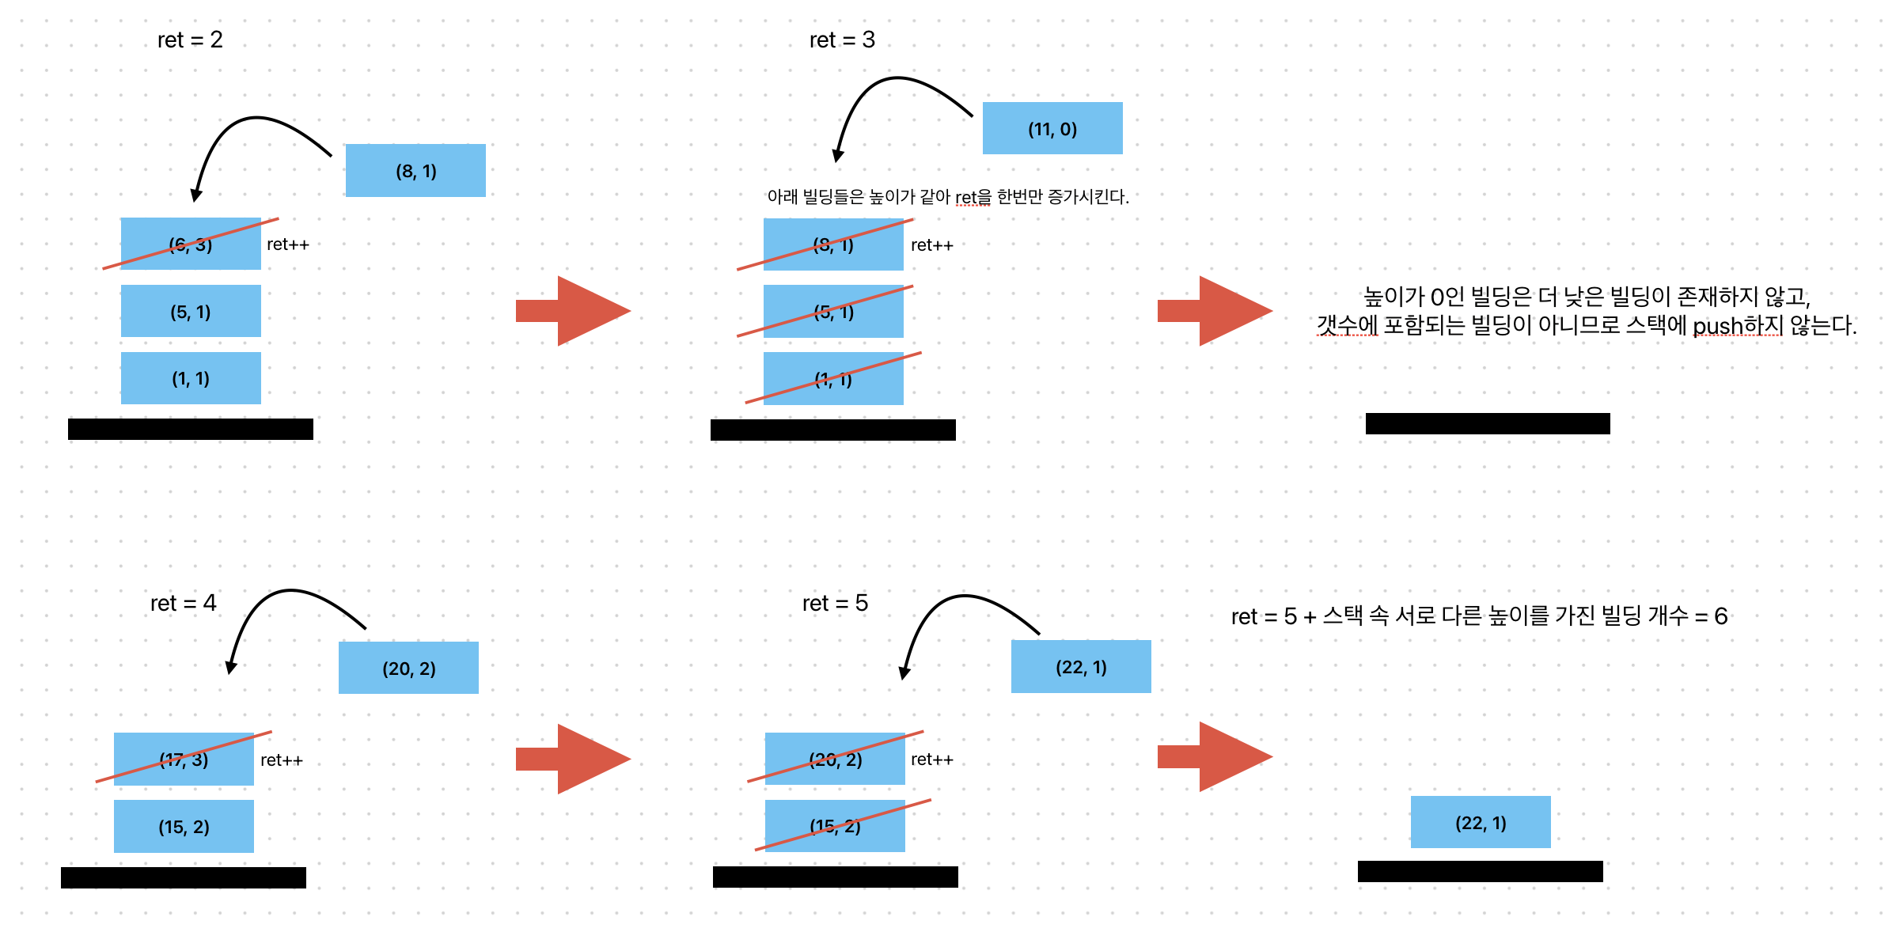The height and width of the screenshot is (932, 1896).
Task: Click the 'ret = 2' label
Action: click(190, 40)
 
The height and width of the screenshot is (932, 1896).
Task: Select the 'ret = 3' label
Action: click(842, 40)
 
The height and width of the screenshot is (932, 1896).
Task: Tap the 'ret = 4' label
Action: click(183, 603)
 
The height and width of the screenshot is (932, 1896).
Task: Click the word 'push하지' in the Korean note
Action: click(1738, 325)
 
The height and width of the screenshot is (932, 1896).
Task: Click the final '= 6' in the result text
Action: click(1712, 616)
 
